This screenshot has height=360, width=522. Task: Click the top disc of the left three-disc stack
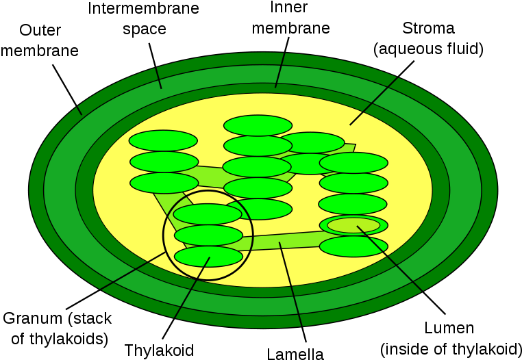click(163, 140)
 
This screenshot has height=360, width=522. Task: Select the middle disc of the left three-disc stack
click(164, 162)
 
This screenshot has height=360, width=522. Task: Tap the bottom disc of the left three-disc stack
click(164, 183)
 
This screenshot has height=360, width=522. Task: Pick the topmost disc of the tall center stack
click(258, 125)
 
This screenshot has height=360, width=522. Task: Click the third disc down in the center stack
click(257, 167)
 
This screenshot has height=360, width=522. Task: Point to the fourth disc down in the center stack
click(258, 188)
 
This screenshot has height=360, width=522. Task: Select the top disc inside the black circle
click(208, 214)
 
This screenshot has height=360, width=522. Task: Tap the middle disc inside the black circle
click(208, 235)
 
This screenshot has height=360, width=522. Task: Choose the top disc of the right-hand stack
click(353, 163)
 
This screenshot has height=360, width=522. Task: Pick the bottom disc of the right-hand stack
click(353, 246)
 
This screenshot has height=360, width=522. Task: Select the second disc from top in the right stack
click(353, 183)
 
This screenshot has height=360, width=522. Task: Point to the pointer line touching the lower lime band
click(290, 284)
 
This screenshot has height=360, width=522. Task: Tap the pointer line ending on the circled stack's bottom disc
click(192, 288)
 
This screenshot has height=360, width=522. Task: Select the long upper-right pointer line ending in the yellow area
click(373, 101)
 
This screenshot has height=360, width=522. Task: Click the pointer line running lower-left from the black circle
click(134, 271)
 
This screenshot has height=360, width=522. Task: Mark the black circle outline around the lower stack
click(253, 235)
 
